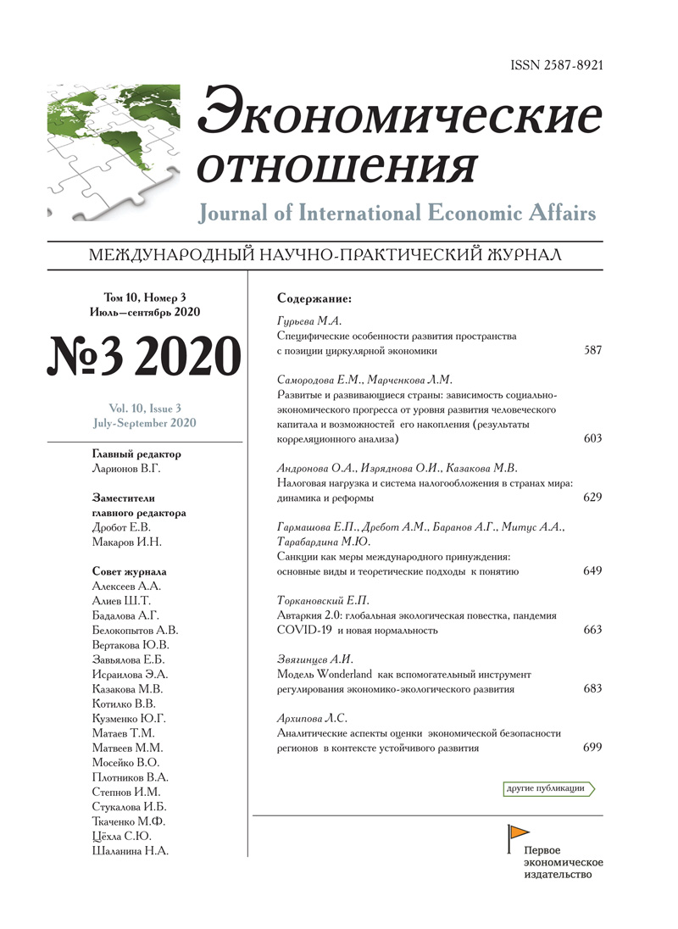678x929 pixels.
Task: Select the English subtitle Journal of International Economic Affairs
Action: [397, 213]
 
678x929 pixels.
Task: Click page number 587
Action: [592, 349]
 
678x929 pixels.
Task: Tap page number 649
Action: [592, 571]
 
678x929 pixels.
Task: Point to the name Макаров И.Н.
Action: [126, 542]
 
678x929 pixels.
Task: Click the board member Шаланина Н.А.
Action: [130, 852]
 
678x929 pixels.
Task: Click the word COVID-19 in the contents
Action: [305, 631]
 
